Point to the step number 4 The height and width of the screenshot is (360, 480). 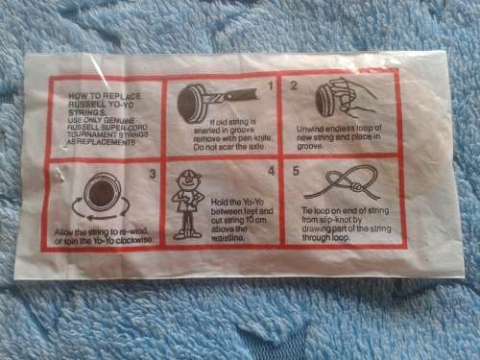[x=271, y=171]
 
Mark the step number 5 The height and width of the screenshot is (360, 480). [x=296, y=170]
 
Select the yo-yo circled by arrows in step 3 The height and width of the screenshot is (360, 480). [x=99, y=195]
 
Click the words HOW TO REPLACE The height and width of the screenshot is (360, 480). [x=95, y=96]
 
